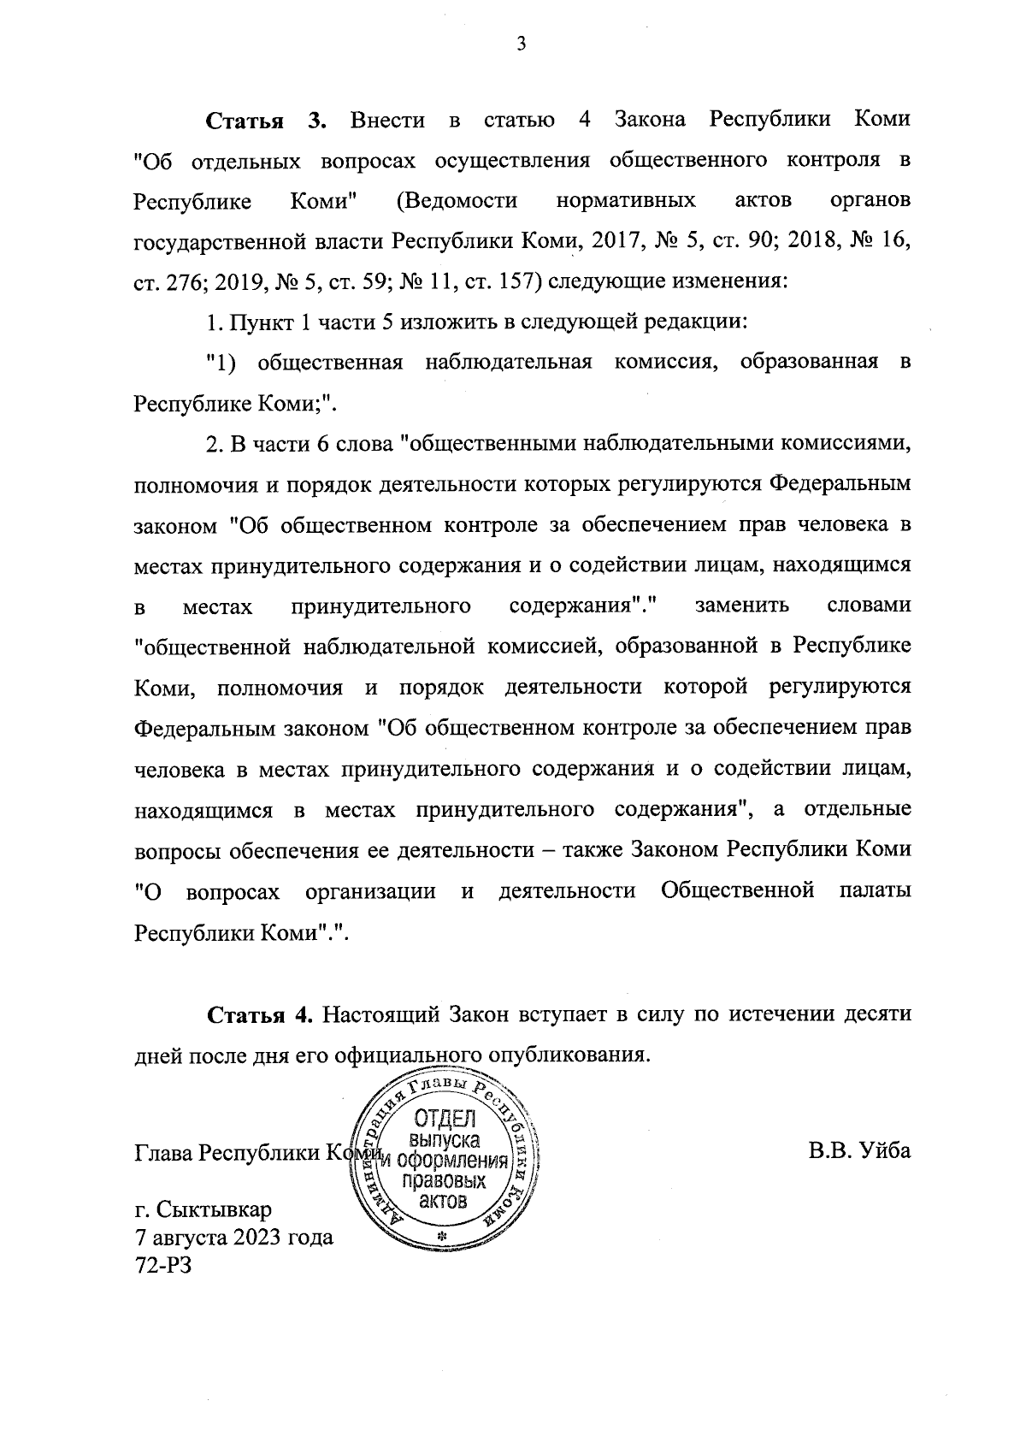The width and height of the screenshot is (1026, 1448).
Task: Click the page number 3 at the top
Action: pyautogui.click(x=521, y=45)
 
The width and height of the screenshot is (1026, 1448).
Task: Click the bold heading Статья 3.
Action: pyautogui.click(x=267, y=121)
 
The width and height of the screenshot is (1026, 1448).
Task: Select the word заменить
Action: pyautogui.click(x=742, y=606)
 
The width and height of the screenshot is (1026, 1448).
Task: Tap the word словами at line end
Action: pyautogui.click(x=869, y=606)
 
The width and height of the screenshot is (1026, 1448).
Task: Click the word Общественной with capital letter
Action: pyautogui.click(x=737, y=891)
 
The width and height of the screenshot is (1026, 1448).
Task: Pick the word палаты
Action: pyautogui.click(x=875, y=891)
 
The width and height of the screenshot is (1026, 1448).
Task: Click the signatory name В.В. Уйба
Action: pyautogui.click(x=860, y=1151)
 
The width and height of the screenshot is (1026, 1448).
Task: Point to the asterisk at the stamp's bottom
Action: pyautogui.click(x=442, y=1238)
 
